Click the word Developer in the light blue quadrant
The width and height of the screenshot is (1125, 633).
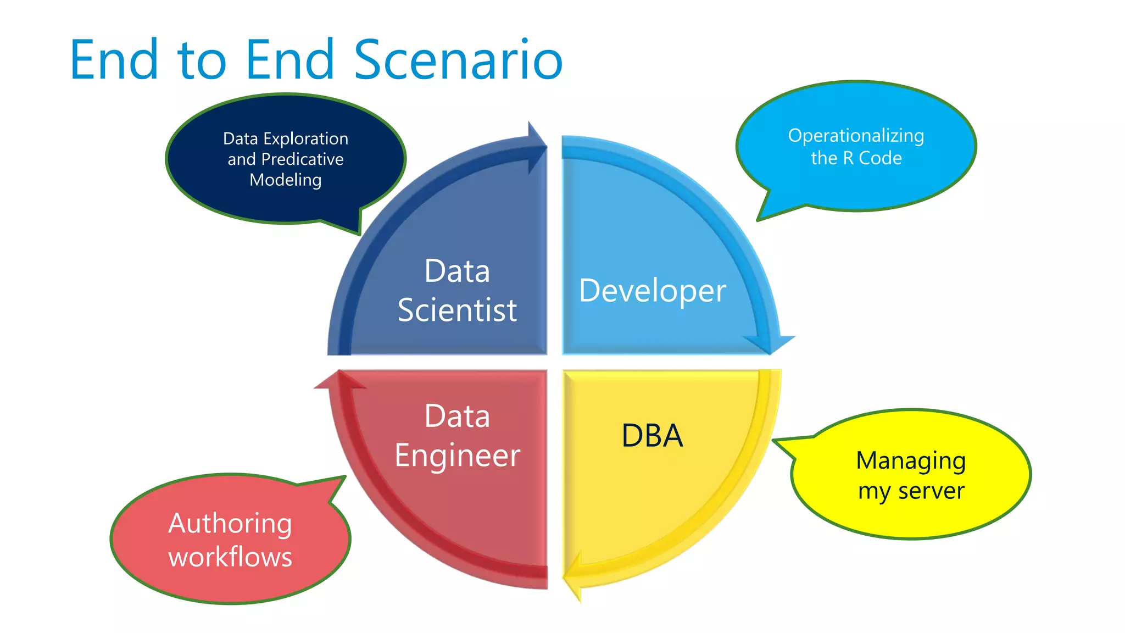(x=652, y=291)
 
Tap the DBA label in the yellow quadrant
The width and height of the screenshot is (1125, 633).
(x=652, y=436)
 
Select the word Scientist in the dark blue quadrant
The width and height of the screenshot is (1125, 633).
(x=457, y=310)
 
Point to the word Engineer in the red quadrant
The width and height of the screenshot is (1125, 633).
(x=457, y=456)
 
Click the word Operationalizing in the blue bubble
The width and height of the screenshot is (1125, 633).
(x=856, y=136)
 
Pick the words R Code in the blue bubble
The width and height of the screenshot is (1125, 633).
(x=872, y=158)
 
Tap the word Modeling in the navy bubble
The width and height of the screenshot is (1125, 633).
(x=286, y=180)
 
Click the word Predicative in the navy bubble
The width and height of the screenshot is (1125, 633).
(x=302, y=159)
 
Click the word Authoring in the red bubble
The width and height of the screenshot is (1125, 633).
(x=230, y=523)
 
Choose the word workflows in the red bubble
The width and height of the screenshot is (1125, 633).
(x=230, y=557)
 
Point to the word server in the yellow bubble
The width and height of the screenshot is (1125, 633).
(x=931, y=491)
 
